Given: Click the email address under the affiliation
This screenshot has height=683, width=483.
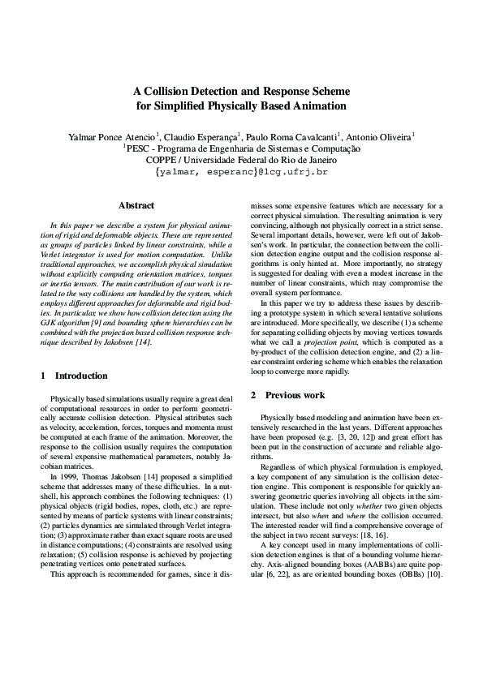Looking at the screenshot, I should [241, 173].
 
